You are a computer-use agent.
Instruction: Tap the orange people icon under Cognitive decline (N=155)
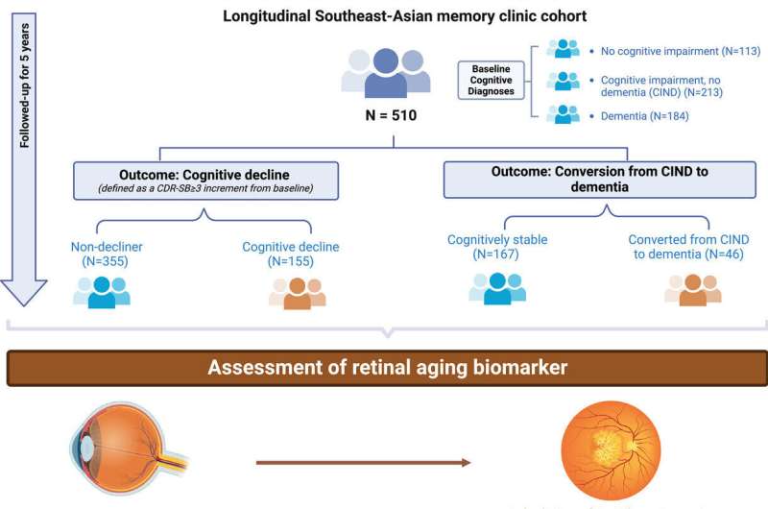tap(297, 292)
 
